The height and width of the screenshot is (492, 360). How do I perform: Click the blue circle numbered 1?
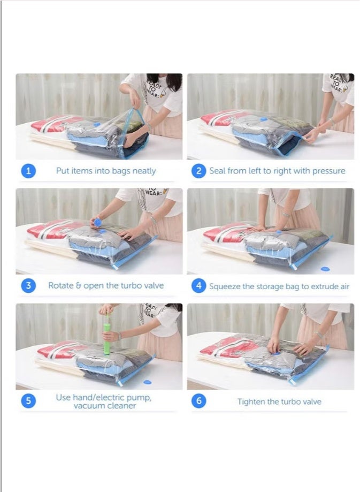pyautogui.click(x=28, y=171)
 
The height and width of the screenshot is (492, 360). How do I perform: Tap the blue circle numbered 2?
pyautogui.click(x=198, y=171)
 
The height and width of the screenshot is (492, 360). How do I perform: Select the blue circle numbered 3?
pyautogui.click(x=28, y=285)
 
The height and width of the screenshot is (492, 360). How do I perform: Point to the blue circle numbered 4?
pyautogui.click(x=198, y=286)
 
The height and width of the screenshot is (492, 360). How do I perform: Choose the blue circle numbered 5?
pyautogui.click(x=28, y=400)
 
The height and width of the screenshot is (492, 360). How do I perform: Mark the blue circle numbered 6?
pyautogui.click(x=198, y=401)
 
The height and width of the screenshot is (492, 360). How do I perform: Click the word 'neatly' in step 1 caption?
pyautogui.click(x=143, y=171)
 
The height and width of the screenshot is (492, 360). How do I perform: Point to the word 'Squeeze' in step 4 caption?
pyautogui.click(x=225, y=286)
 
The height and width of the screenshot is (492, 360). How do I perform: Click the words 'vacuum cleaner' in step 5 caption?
pyautogui.click(x=105, y=406)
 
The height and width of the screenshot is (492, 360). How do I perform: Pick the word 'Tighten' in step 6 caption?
pyautogui.click(x=252, y=402)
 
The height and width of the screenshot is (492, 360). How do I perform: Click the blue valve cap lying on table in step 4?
pyautogui.click(x=325, y=268)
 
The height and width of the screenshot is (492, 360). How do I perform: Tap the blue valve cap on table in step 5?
pyautogui.click(x=148, y=382)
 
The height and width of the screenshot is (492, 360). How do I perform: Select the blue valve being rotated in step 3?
pyautogui.click(x=97, y=222)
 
